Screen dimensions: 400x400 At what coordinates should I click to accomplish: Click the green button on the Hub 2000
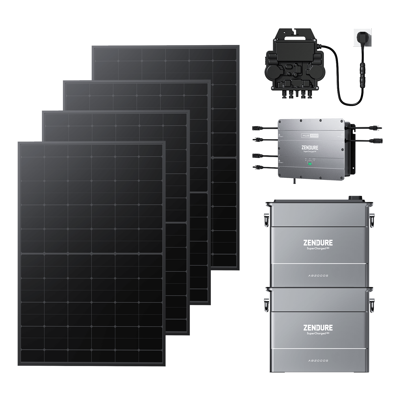(x=309, y=164)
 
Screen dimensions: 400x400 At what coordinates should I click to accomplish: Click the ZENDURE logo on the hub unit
(x=309, y=148)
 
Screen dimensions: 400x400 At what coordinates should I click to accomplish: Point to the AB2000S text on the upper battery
(x=318, y=275)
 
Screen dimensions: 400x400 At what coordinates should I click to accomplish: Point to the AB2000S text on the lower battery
(x=318, y=360)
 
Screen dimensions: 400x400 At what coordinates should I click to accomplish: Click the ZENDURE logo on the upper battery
(x=318, y=242)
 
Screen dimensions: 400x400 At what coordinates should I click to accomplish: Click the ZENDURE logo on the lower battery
(x=318, y=327)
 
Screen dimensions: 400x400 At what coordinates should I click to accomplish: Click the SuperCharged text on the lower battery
(x=316, y=333)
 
